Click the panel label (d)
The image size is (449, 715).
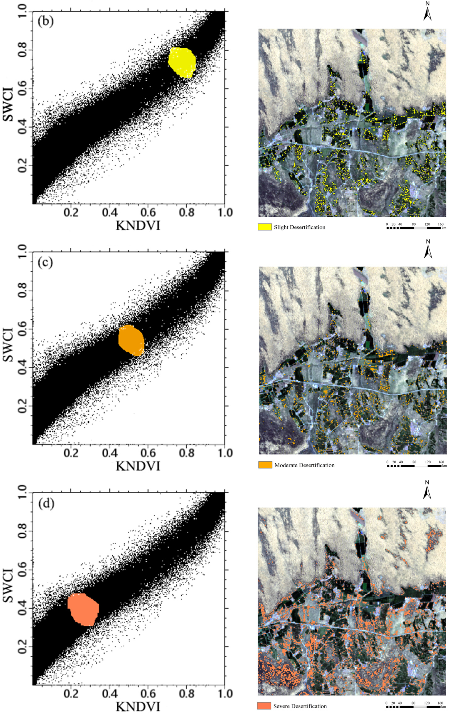point(45,504)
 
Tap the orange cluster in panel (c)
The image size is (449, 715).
point(131,340)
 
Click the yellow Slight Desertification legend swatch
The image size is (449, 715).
point(265,227)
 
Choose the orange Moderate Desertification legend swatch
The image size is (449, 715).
point(265,465)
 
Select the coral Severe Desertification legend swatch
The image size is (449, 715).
point(264,706)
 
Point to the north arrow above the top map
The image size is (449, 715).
point(427,12)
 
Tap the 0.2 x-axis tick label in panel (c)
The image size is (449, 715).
point(71,453)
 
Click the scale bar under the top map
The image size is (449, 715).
point(413,228)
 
